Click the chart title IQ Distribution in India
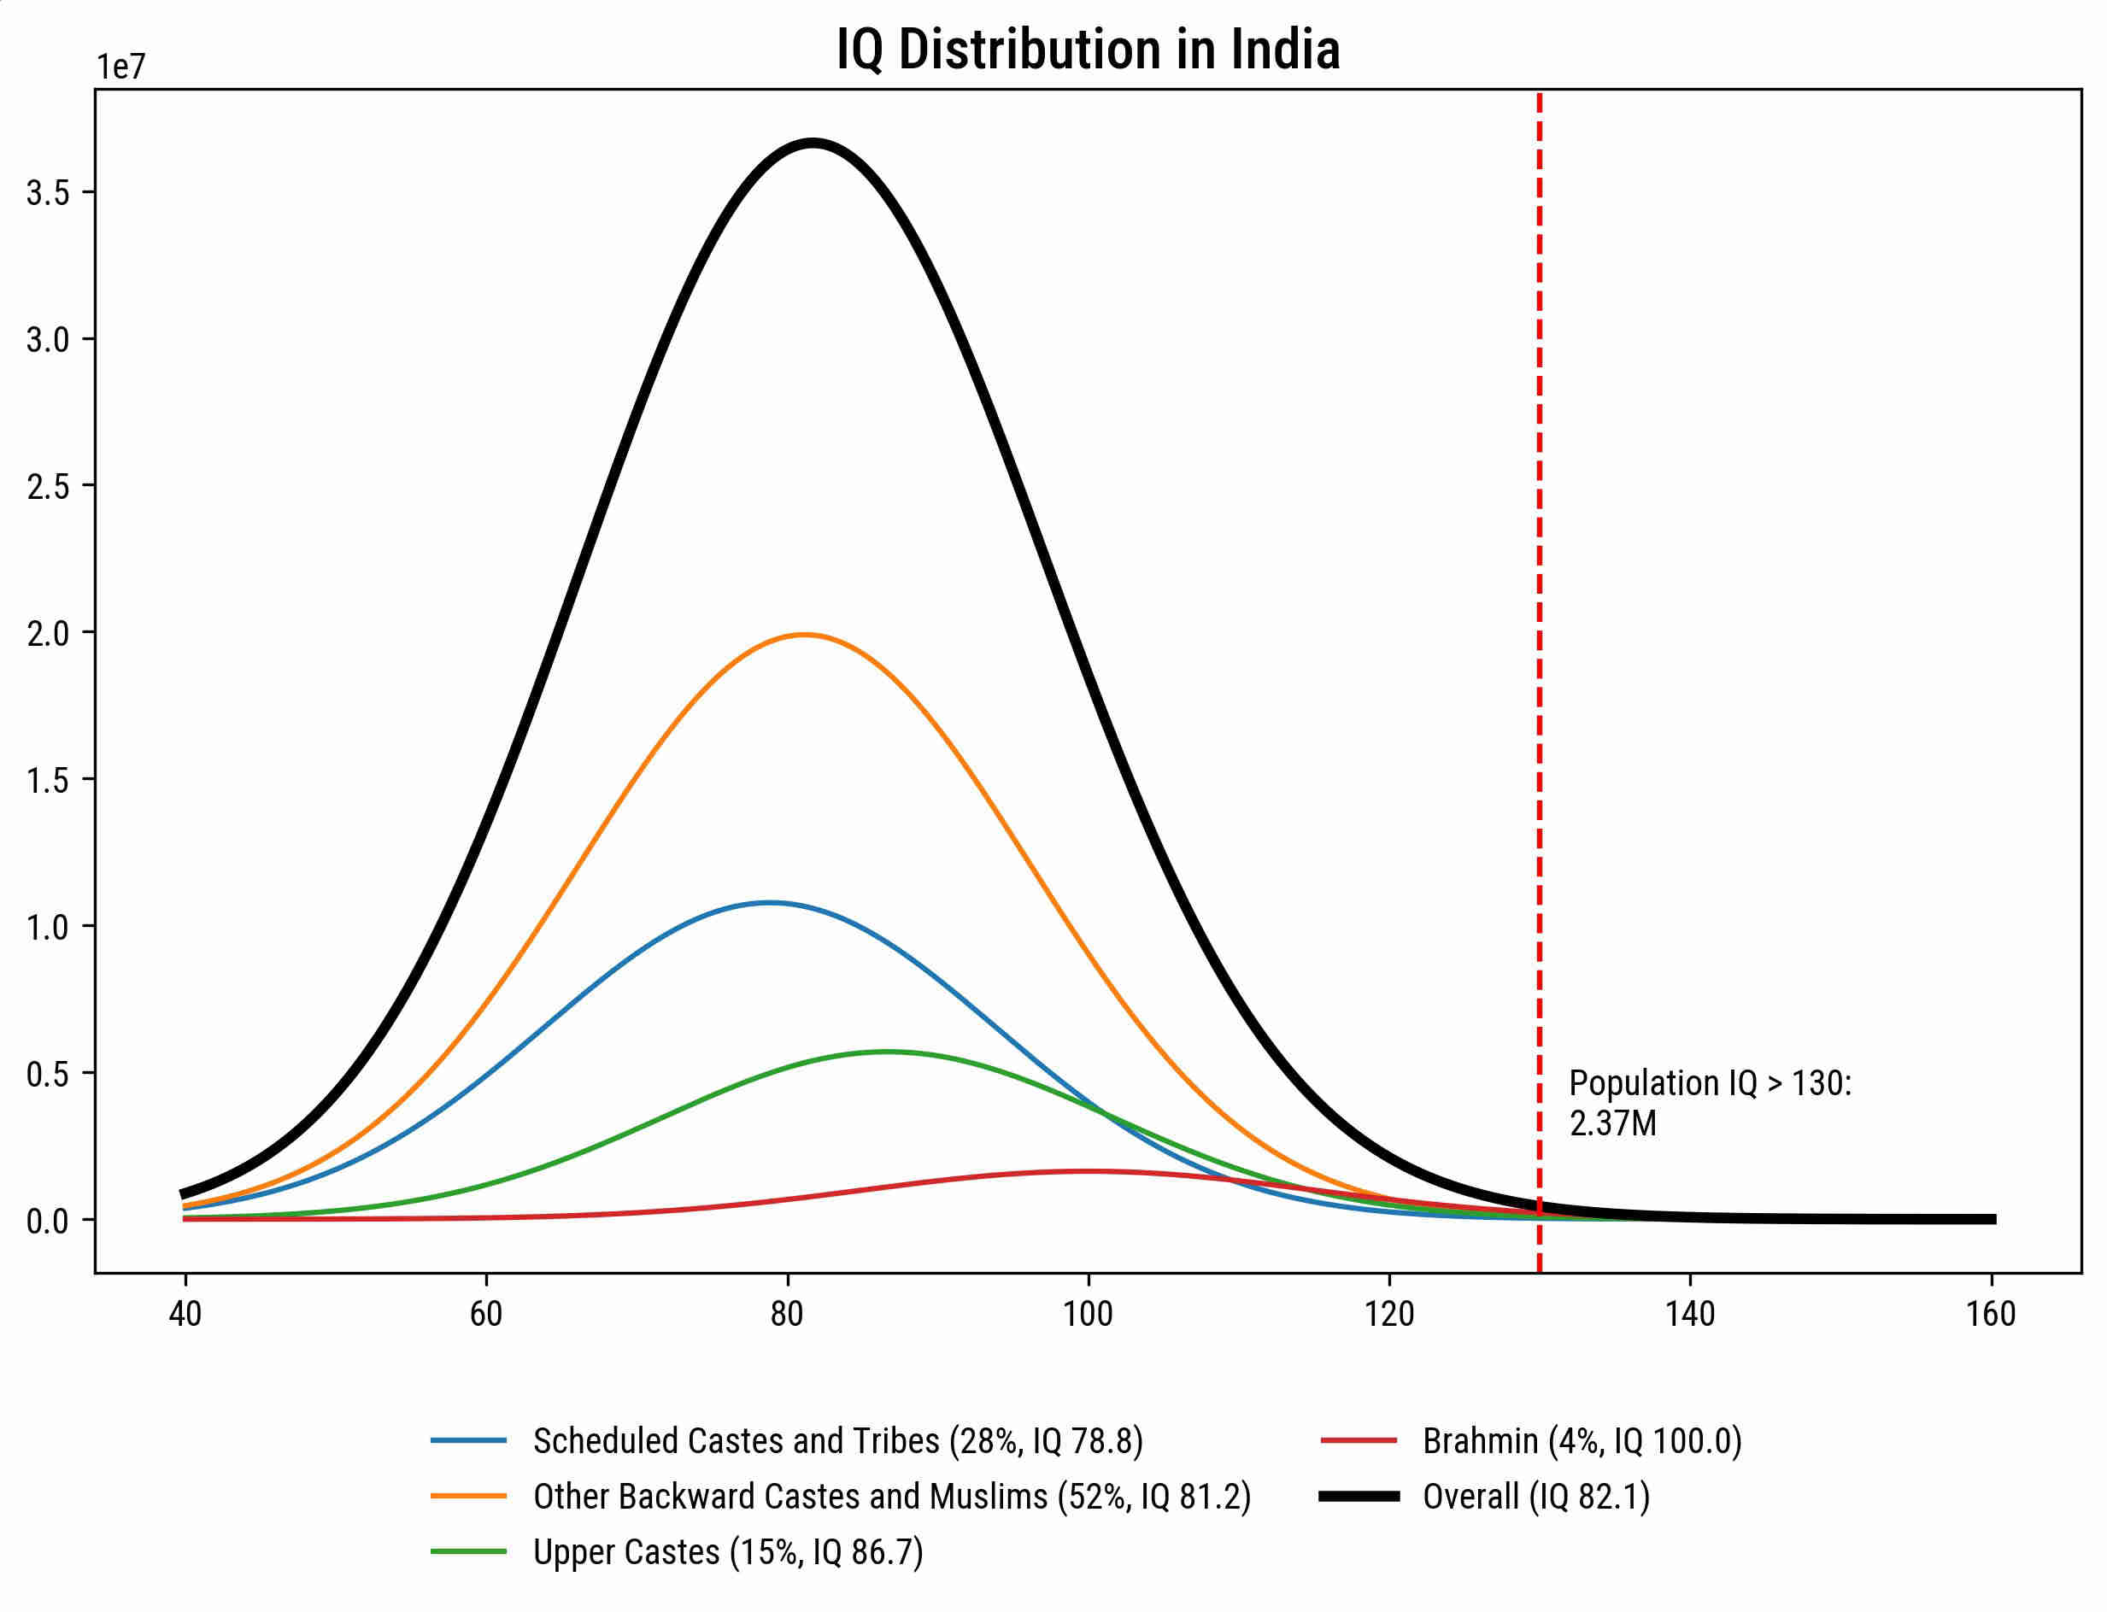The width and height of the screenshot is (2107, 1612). pos(1087,50)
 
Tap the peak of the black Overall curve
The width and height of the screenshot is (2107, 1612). pos(813,144)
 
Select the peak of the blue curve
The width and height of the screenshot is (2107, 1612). pos(768,903)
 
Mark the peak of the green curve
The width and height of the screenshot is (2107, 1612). pos(888,1052)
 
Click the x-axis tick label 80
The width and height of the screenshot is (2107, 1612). pos(787,1314)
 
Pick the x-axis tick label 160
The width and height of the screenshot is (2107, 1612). pos(1991,1314)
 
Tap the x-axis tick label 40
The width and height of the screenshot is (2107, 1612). pos(185,1314)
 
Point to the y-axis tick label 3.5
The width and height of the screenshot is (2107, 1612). pos(48,193)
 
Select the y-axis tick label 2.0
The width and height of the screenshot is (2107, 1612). pos(48,633)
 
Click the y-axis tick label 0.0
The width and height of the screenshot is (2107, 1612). pos(48,1222)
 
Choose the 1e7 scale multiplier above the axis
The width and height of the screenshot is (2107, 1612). pos(120,67)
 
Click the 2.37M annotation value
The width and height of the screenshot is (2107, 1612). pos(1612,1123)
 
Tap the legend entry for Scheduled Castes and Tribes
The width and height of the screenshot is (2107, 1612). pos(837,1441)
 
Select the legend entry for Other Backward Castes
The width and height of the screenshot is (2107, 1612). pos(891,1497)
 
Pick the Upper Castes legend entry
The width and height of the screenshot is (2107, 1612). pos(727,1552)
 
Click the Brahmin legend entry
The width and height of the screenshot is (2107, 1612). pos(1582,1441)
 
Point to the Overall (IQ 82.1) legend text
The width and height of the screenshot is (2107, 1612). pos(1535,1497)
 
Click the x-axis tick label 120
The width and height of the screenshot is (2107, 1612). pos(1389,1314)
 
